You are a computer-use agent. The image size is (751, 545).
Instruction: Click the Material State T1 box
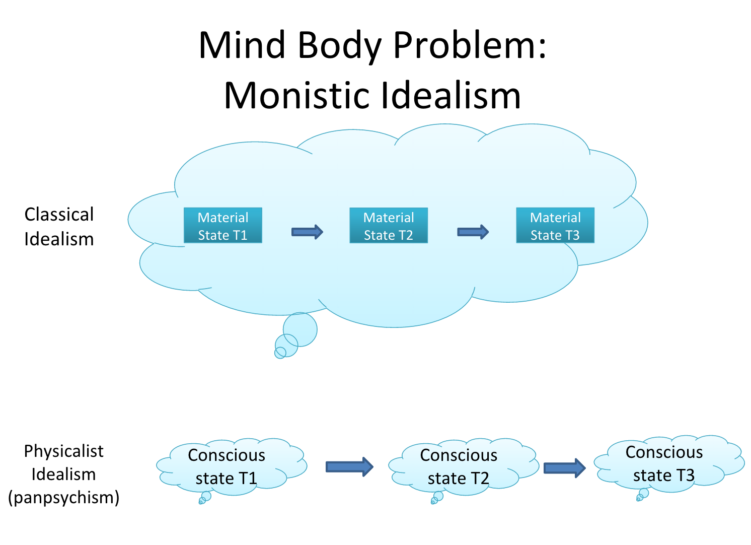pos(222,226)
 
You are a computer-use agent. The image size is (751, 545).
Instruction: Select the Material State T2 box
pos(389,226)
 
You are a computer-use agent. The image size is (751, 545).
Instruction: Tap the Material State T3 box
pos(555,226)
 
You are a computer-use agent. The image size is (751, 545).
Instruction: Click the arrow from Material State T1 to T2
pos(307,232)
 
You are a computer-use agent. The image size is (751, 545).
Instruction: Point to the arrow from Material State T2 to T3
pos(473,232)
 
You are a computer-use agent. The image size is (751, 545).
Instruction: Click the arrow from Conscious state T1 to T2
pos(349,467)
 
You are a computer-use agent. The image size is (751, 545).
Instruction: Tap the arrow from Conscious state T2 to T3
pos(564,468)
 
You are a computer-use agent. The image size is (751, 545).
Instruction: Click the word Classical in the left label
pos(59,215)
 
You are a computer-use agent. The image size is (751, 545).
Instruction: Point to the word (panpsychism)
pos(64,498)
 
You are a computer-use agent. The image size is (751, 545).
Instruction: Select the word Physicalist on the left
pos(64,451)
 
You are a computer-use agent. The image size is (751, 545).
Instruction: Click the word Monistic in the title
pos(297,96)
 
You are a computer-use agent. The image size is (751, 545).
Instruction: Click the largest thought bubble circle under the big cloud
pos(300,329)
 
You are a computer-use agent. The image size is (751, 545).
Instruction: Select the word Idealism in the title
pos(450,96)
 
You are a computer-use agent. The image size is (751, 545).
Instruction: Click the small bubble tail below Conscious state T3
pos(643,494)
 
